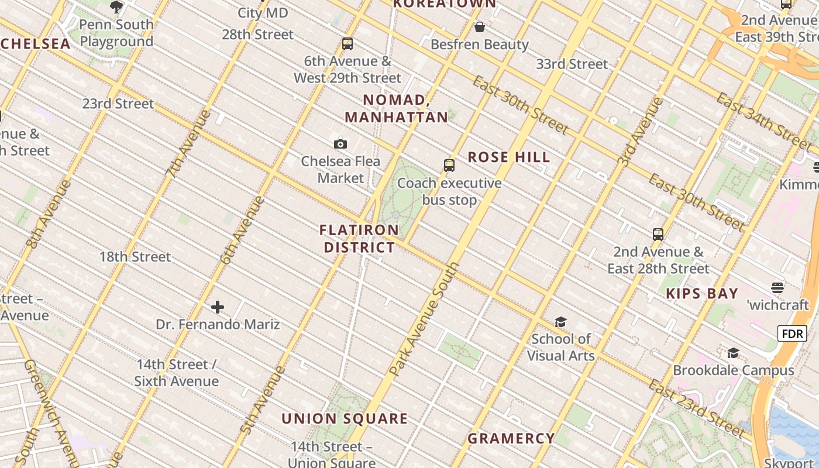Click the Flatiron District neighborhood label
click(359, 239)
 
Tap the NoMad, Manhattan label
click(397, 109)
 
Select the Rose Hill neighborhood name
click(509, 157)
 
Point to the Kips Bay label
click(702, 294)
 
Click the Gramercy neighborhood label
click(511, 438)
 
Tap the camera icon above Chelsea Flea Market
click(340, 144)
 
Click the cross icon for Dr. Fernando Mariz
click(218, 307)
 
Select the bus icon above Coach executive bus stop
click(449, 166)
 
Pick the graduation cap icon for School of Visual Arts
click(560, 322)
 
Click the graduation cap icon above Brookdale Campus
click(733, 353)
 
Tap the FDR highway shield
click(792, 334)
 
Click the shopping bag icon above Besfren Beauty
click(480, 27)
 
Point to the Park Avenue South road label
click(425, 319)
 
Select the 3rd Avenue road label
click(641, 132)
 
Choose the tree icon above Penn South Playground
click(116, 7)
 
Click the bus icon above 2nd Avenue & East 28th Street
click(658, 235)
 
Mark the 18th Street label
click(135, 257)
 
